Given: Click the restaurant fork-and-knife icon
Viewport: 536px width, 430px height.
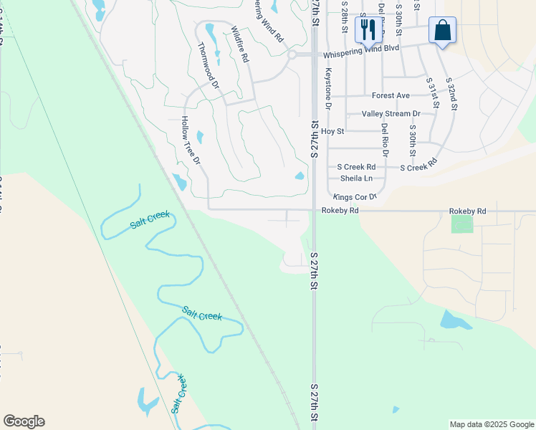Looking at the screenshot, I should pyautogui.click(x=368, y=29).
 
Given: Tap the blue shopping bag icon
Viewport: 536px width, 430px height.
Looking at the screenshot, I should pyautogui.click(x=442, y=30).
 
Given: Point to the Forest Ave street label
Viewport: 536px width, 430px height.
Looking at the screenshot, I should pyautogui.click(x=391, y=95).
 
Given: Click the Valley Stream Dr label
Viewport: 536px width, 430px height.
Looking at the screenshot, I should pyautogui.click(x=391, y=114).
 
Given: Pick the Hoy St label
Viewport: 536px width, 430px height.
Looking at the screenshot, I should pyautogui.click(x=332, y=131).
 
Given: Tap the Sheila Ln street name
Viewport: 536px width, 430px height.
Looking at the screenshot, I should pyautogui.click(x=356, y=178).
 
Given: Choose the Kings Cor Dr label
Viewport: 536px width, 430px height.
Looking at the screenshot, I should pyautogui.click(x=355, y=196).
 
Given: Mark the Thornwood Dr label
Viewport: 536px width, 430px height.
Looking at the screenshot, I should pyautogui.click(x=208, y=64).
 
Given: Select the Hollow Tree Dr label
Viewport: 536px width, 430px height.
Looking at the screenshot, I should pyautogui.click(x=190, y=140).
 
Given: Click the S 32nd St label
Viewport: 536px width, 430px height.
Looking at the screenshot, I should pyautogui.click(x=451, y=94).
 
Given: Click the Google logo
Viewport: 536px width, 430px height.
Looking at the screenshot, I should pyautogui.click(x=24, y=421).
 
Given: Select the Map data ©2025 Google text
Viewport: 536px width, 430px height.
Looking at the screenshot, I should pyautogui.click(x=492, y=424).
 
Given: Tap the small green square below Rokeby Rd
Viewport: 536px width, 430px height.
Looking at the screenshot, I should pyautogui.click(x=462, y=224).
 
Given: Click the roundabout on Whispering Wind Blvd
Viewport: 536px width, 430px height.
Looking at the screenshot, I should pyautogui.click(x=292, y=54).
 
